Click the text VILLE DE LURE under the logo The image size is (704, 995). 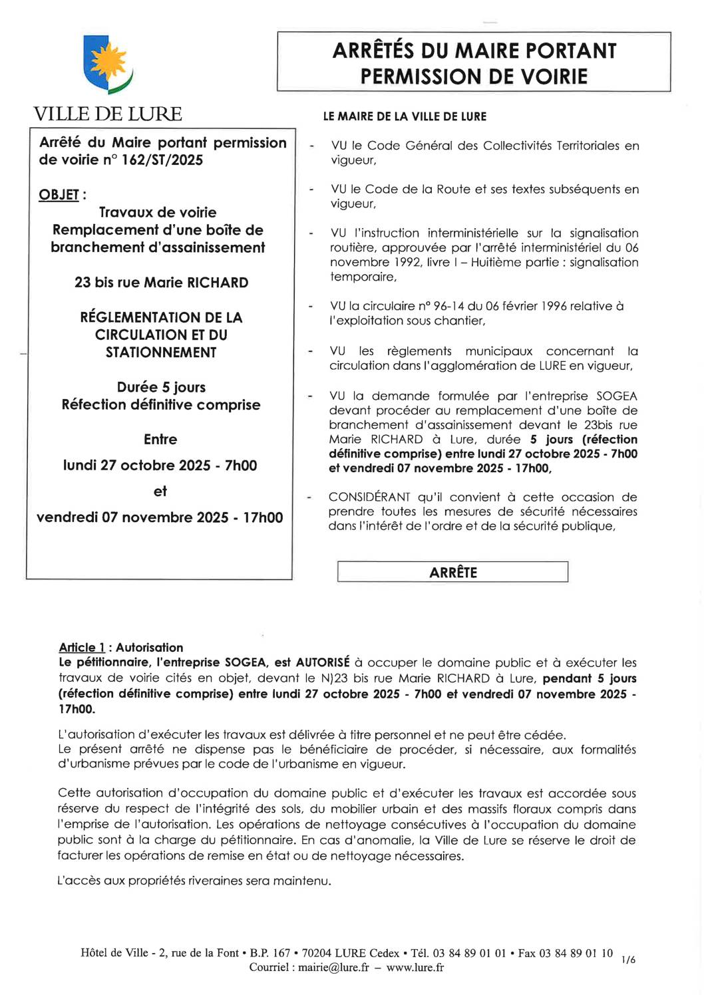108,114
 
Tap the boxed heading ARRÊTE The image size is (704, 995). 453,573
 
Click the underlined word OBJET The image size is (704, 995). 59,195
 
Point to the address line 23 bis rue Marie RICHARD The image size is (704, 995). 161,283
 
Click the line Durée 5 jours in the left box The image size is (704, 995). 161,387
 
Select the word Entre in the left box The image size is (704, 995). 160,440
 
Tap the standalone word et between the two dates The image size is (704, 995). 160,492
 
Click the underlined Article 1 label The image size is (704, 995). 82,648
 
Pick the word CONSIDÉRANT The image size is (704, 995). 369,498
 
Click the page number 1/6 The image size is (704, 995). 628,960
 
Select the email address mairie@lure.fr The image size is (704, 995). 333,968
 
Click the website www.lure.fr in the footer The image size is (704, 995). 415,968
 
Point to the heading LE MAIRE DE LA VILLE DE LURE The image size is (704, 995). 405,116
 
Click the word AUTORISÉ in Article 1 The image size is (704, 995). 323,662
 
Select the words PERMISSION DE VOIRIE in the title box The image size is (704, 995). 474,77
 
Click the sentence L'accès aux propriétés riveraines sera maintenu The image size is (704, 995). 194,881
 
